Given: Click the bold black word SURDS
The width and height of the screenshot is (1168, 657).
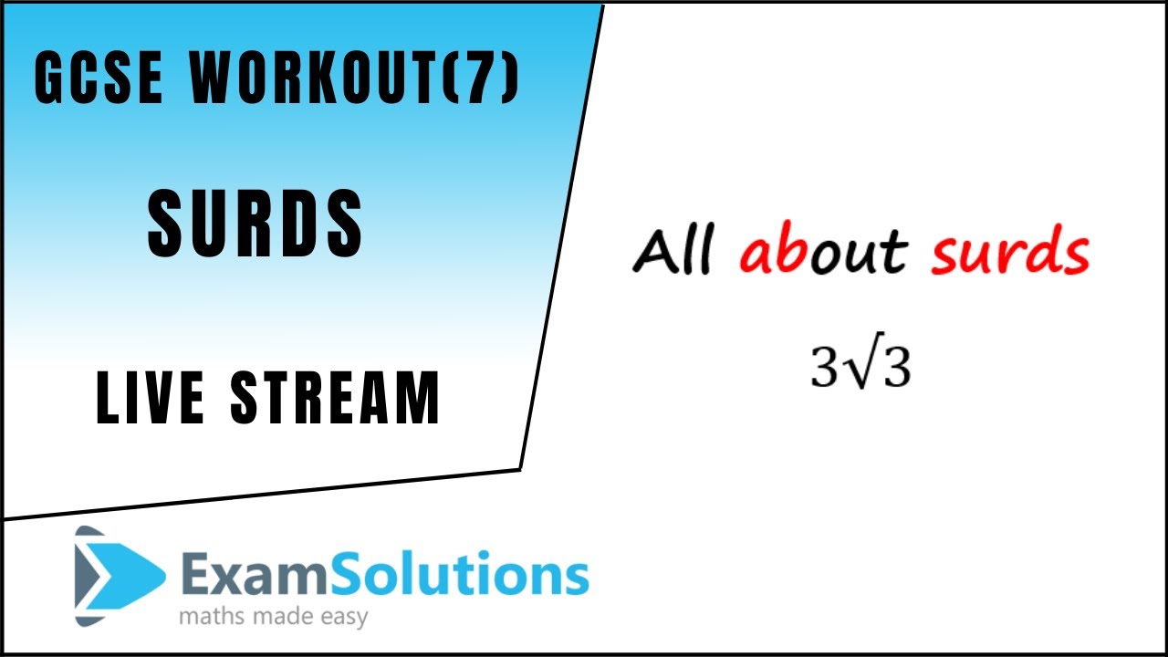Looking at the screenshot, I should click(x=255, y=224).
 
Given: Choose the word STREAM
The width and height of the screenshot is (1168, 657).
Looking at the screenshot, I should click(x=336, y=399).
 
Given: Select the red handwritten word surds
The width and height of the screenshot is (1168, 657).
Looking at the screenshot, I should click(x=1010, y=253).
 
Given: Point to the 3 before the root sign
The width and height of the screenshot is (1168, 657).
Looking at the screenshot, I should click(x=824, y=368).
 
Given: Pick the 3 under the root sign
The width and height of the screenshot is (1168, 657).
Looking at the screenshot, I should click(x=894, y=370).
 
